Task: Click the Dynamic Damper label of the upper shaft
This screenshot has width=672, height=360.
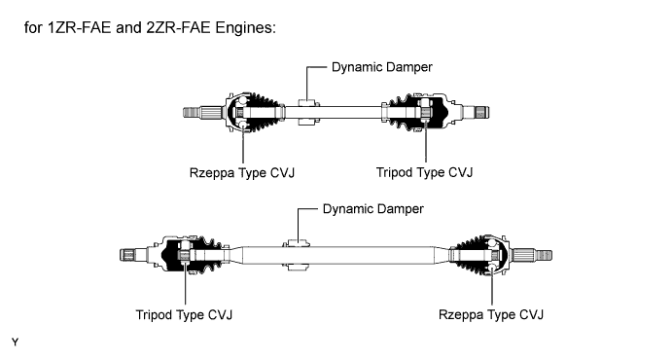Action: [x=382, y=67]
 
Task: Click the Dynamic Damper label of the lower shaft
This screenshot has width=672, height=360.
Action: [x=372, y=209]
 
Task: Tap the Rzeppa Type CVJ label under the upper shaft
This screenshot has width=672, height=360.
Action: [x=242, y=173]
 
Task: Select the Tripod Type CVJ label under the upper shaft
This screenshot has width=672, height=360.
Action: [x=424, y=172]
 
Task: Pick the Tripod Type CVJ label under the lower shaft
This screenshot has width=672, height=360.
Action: [x=184, y=315]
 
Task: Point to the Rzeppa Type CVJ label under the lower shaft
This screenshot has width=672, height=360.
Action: [x=491, y=315]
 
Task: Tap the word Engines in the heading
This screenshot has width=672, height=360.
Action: [x=246, y=28]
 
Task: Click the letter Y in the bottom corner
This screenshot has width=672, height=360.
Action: [x=15, y=342]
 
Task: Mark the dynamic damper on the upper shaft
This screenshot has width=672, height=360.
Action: [x=308, y=112]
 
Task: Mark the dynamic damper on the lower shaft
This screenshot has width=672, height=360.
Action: [x=296, y=256]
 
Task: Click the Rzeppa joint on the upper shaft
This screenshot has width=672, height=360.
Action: [x=254, y=112]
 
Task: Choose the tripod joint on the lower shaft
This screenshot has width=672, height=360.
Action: [x=192, y=255]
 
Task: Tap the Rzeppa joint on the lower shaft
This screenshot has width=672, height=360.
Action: [x=480, y=255]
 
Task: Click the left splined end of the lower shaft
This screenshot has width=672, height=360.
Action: [x=133, y=255]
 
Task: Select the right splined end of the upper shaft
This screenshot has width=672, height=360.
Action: [x=477, y=112]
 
